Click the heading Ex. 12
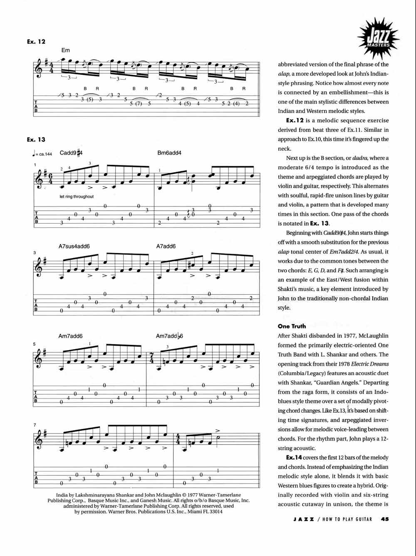36,42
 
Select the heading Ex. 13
36,140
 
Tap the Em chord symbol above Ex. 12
66,50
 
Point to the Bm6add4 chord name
169,153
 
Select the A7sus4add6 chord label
74,246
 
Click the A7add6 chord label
166,246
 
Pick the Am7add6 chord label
70,336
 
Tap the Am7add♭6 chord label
169,336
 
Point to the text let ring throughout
77,197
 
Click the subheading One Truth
292,326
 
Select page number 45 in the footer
384,519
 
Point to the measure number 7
35,425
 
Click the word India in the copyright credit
62,495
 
